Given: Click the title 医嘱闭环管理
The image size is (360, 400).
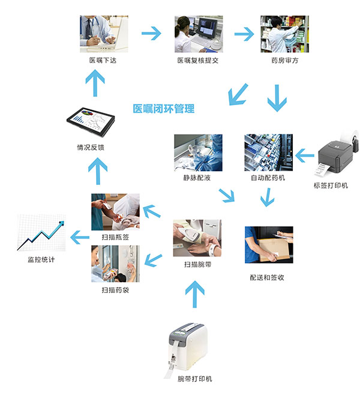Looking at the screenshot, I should [164, 109].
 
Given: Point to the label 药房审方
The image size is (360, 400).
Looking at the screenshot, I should [284, 61].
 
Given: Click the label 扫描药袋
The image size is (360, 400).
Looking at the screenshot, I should [115, 290].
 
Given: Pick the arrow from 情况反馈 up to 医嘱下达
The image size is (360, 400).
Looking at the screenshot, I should [94, 82].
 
